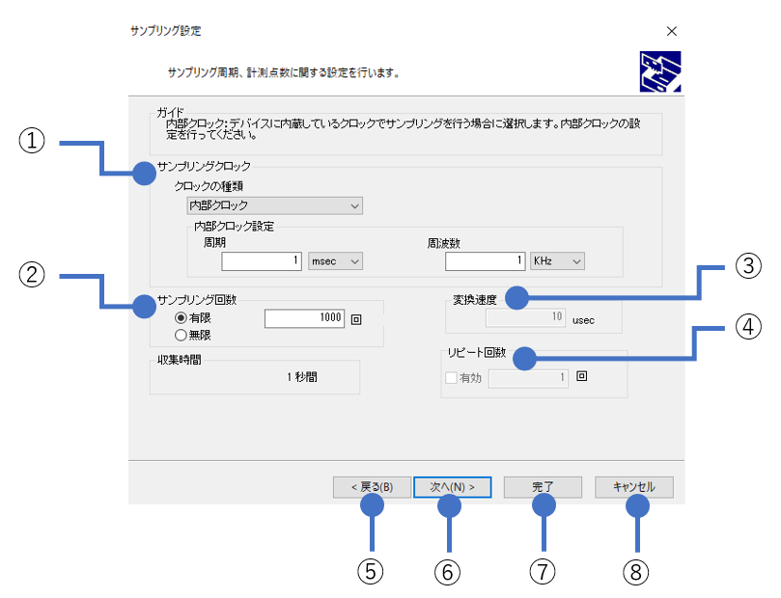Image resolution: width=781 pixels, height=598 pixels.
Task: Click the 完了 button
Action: [542, 487]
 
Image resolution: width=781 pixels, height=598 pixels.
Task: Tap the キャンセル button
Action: [633, 487]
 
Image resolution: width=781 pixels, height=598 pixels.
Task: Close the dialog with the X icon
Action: [672, 31]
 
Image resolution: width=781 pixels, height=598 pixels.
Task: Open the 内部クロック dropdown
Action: [274, 205]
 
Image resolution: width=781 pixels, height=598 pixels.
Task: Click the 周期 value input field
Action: [262, 261]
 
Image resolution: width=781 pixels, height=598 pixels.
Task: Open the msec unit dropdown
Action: [335, 261]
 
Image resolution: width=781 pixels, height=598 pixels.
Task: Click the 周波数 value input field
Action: [486, 261]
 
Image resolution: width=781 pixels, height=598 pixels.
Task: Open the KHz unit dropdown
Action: [557, 261]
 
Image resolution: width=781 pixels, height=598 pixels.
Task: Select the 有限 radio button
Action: [181, 317]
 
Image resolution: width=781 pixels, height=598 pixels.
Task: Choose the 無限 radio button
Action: [181, 335]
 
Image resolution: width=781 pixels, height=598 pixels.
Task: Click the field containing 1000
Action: [304, 317]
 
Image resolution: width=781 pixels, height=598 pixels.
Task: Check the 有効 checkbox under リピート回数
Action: [451, 378]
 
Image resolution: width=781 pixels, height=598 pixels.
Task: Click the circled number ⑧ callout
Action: [634, 571]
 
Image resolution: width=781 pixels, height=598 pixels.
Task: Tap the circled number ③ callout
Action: [748, 265]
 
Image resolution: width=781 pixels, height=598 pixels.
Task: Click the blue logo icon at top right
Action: [660, 71]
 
